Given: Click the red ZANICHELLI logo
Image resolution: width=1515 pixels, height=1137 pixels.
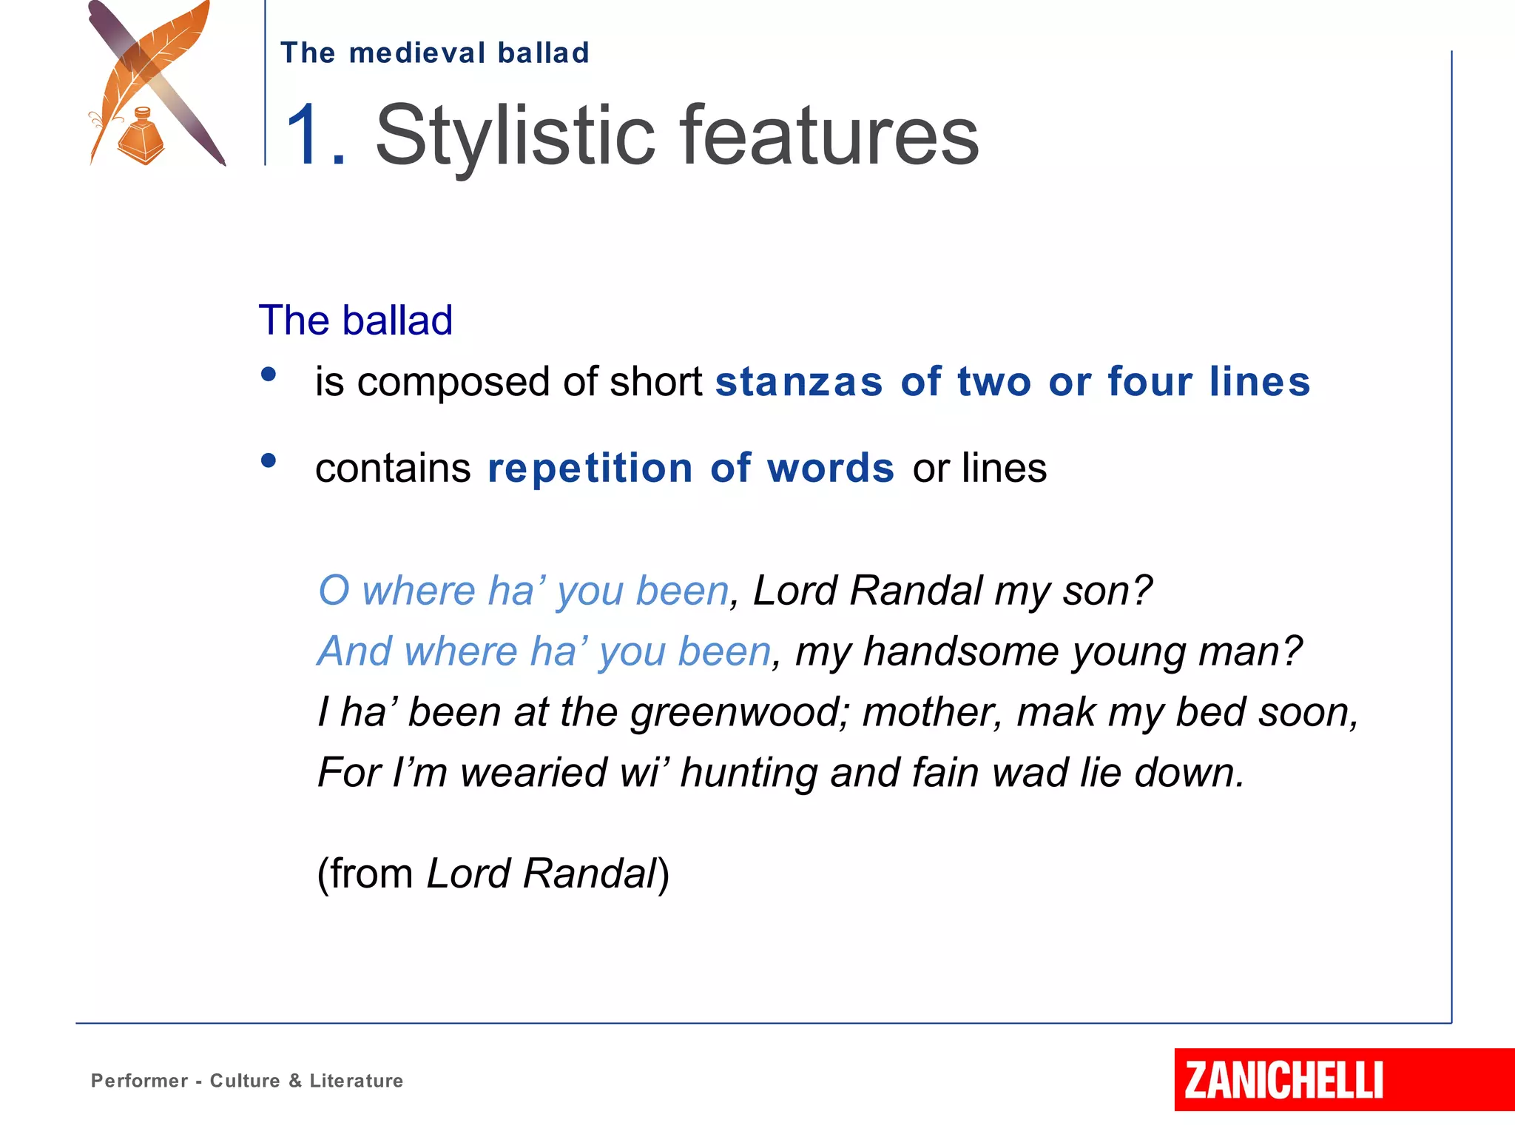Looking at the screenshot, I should click(x=1283, y=1080).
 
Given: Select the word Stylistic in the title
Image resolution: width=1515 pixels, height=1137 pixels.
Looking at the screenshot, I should click(x=515, y=136).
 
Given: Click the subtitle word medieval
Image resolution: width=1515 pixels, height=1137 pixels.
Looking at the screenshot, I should click(x=417, y=53).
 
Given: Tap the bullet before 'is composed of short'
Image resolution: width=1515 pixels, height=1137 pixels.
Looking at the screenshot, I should click(x=269, y=375).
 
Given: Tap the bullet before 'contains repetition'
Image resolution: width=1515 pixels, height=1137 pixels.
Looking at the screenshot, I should click(x=269, y=461).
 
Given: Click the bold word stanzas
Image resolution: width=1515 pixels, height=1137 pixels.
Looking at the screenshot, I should click(x=799, y=382).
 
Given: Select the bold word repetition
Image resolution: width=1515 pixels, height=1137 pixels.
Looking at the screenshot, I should click(x=590, y=469).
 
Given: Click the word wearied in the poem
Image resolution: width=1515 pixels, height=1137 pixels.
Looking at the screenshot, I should click(x=533, y=773).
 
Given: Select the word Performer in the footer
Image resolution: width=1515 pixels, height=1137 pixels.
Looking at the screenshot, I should click(x=139, y=1081).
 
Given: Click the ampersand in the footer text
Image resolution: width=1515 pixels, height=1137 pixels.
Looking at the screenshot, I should click(x=295, y=1081).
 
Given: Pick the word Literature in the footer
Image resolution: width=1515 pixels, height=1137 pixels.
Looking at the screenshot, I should click(x=356, y=1081).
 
